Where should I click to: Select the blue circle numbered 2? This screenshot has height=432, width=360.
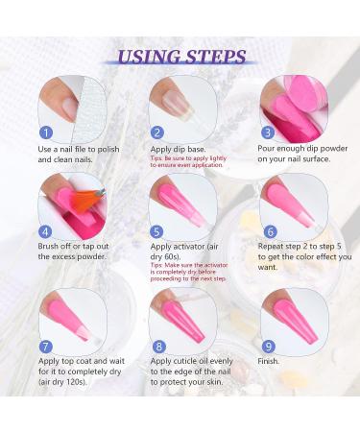157,132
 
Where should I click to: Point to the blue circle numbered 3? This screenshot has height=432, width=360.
267,132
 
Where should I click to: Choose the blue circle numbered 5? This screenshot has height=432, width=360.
157,230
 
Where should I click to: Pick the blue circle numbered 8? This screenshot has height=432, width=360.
157,347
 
